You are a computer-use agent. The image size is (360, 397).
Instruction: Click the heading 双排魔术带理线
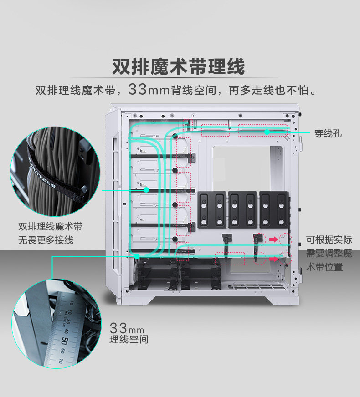[179, 66]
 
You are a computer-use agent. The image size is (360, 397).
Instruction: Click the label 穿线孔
[328, 133]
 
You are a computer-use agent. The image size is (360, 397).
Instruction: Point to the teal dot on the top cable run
[267, 132]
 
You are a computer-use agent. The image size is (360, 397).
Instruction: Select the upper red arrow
[273, 238]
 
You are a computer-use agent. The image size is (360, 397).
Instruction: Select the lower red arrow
[273, 258]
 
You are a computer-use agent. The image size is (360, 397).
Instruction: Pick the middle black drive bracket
[242, 209]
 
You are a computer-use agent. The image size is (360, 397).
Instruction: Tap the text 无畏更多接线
[46, 240]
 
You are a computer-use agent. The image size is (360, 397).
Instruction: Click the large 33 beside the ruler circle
[118, 328]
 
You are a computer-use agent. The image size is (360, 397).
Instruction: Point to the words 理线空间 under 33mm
[129, 340]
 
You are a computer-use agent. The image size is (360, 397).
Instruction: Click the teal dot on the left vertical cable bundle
[146, 189]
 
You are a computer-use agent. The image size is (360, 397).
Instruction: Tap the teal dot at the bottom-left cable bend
[137, 256]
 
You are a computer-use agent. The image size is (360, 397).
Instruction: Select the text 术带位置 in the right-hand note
[324, 267]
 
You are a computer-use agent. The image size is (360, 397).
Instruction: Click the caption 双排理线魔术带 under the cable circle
[50, 227]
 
